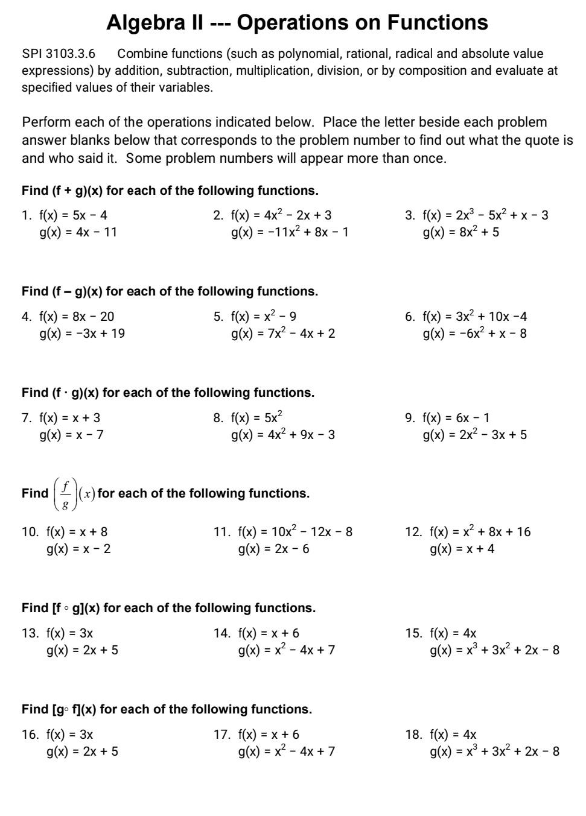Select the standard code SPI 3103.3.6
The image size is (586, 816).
(x=59, y=54)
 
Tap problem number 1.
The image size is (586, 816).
(x=26, y=215)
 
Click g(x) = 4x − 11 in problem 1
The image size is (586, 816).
(x=78, y=232)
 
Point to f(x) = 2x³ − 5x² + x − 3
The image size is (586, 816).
(x=485, y=215)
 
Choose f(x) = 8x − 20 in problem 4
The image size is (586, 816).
(x=77, y=317)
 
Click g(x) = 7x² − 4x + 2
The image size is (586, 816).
(x=283, y=334)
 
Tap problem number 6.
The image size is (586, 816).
(x=410, y=317)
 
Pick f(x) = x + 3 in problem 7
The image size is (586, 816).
(x=70, y=418)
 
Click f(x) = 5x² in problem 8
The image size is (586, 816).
(x=256, y=418)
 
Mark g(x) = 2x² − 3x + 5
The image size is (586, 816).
(x=474, y=435)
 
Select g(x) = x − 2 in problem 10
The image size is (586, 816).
(x=78, y=549)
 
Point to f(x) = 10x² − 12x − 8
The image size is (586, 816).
(x=295, y=532)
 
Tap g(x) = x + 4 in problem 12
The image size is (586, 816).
(x=462, y=549)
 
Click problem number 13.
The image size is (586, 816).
(x=30, y=633)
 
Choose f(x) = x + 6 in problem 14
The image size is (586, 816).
(x=269, y=633)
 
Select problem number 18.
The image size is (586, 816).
(x=413, y=735)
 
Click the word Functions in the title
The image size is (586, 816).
(x=438, y=23)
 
